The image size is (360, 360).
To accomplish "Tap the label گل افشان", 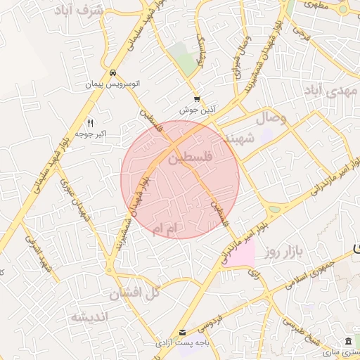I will click(138, 292).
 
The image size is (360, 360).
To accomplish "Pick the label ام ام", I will click(167, 229).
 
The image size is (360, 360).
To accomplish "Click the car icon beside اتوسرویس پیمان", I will click(112, 72).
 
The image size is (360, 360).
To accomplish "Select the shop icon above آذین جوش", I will click(198, 99).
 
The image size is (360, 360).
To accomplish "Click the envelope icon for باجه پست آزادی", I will click(183, 332).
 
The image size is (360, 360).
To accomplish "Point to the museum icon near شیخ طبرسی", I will click(347, 341).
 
